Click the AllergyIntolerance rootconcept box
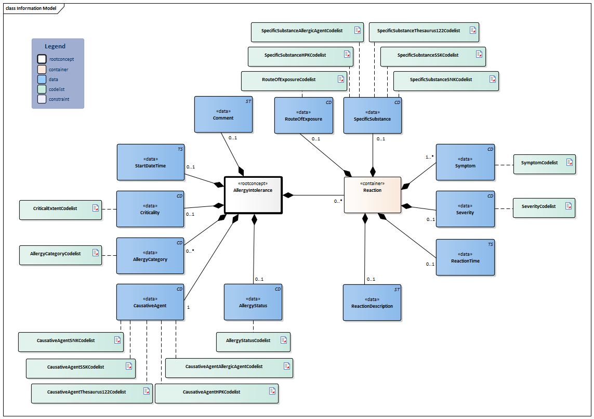(x=253, y=195)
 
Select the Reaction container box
(x=373, y=194)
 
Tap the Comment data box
(x=223, y=114)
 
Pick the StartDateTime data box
(x=150, y=162)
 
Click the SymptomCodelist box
(x=544, y=163)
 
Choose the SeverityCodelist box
(x=544, y=207)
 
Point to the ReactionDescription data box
(x=372, y=303)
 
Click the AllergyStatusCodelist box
(x=253, y=341)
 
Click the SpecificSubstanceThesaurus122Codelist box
(x=423, y=31)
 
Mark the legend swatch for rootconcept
(x=42, y=59)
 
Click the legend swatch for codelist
(x=42, y=89)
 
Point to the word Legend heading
(x=55, y=46)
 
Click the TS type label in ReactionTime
(x=491, y=244)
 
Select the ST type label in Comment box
(x=248, y=101)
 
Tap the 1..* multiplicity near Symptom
(x=429, y=156)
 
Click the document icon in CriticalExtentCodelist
(x=95, y=208)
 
